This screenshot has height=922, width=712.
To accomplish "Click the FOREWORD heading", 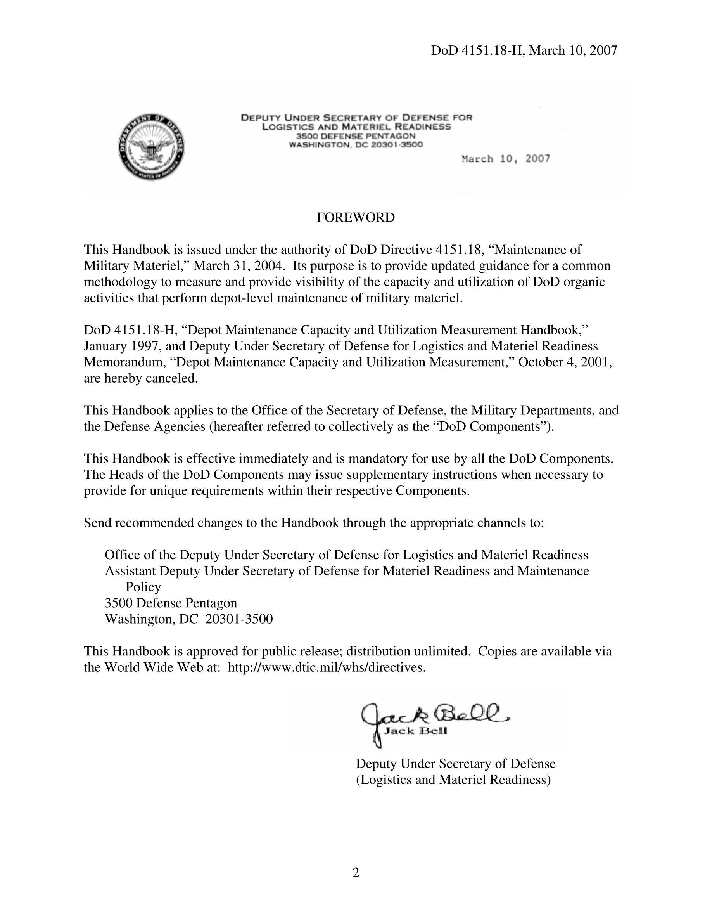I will click(356, 217).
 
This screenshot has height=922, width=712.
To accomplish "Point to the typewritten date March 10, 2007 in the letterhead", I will click(506, 159).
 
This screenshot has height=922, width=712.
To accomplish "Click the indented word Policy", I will click(143, 587).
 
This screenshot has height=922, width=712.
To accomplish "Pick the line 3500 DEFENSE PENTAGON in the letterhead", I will click(356, 136).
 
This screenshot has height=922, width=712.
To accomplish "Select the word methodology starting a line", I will click(121, 282).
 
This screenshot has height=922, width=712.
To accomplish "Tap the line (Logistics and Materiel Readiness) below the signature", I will click(453, 779).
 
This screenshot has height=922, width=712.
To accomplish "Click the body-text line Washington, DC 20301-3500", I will click(188, 619).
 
